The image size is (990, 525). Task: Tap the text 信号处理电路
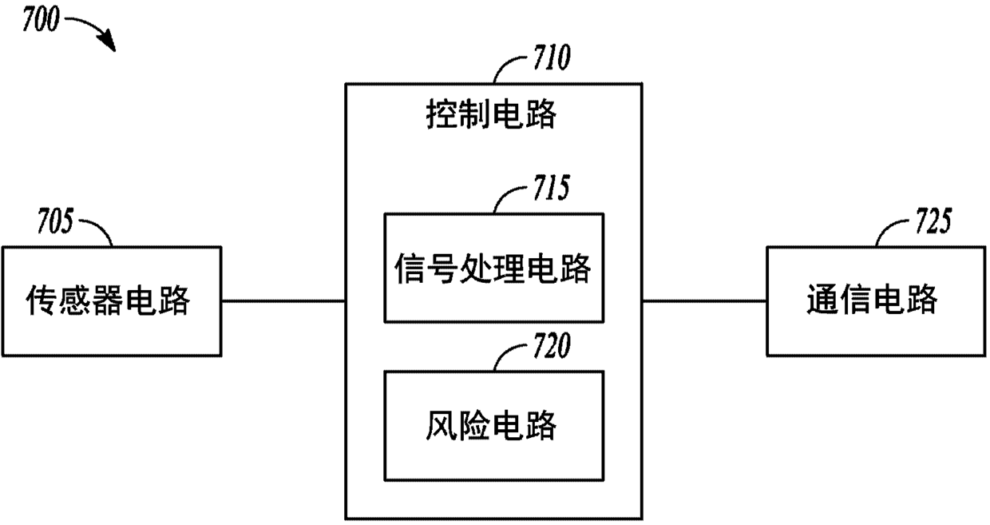click(493, 269)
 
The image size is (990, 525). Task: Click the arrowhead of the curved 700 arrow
click(109, 45)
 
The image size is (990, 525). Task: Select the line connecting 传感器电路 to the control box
click(283, 301)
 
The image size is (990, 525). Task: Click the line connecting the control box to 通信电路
click(704, 301)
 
